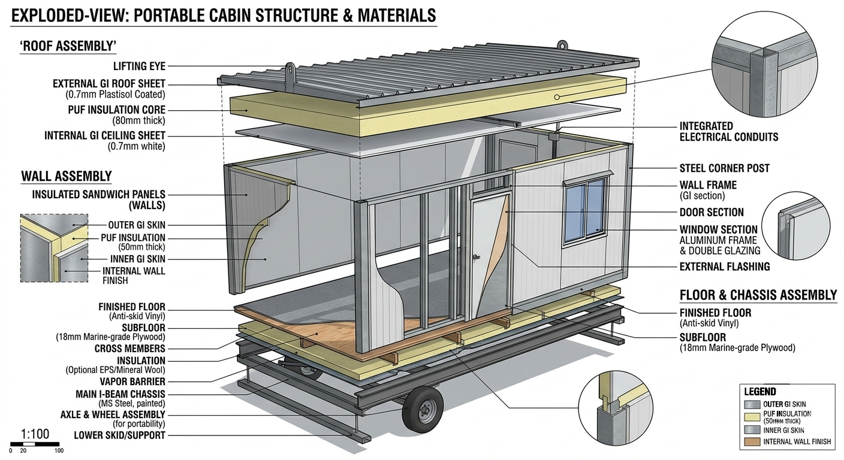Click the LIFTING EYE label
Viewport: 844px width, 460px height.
[140, 66]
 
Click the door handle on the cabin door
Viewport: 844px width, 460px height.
[477, 257]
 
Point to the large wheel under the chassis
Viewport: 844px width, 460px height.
[422, 409]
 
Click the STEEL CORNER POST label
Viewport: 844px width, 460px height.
[725, 168]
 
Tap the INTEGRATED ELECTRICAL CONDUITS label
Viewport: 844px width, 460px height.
[729, 131]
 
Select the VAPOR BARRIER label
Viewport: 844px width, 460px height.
[132, 382]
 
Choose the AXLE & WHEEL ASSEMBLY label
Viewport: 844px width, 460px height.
[113, 414]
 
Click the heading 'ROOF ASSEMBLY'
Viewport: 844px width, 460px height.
[68, 46]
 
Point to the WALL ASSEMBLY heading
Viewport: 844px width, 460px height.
[67, 176]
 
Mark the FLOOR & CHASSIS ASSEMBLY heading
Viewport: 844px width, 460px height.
[758, 295]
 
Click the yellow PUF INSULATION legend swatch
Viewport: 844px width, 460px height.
[752, 417]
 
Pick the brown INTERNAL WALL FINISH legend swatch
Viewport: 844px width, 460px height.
[752, 441]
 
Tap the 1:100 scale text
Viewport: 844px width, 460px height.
[35, 434]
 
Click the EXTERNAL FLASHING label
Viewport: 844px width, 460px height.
[725, 267]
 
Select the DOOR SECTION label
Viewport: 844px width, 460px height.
[712, 212]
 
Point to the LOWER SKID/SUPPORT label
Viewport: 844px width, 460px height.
[119, 435]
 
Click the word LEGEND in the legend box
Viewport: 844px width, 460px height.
[760, 392]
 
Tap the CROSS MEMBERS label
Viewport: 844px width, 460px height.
[130, 349]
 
